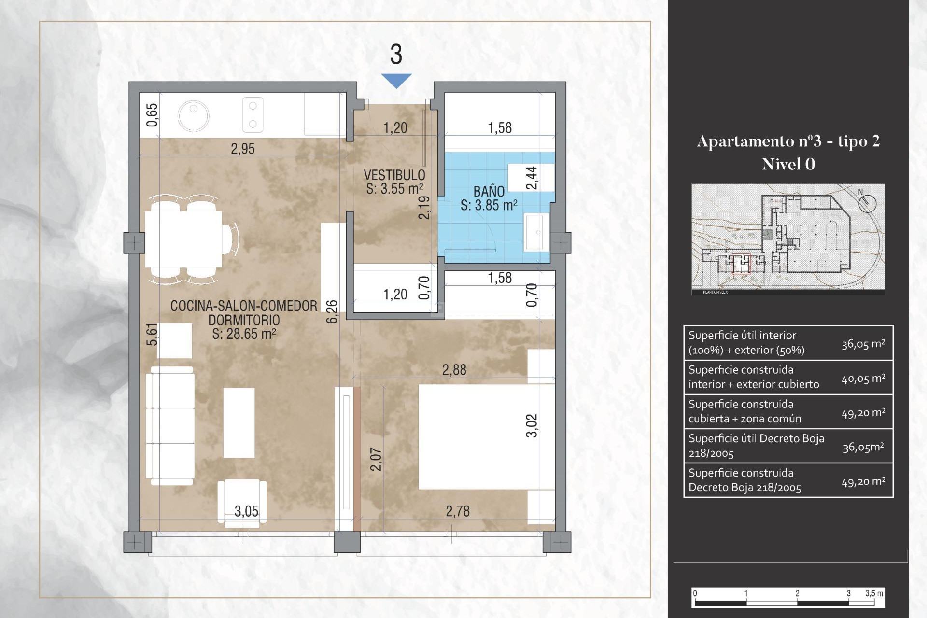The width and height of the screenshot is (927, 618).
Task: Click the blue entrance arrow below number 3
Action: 396,80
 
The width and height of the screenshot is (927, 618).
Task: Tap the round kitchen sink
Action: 193,116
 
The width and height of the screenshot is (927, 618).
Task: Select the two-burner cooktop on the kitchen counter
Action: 253,115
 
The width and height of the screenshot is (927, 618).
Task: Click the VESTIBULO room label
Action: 394,175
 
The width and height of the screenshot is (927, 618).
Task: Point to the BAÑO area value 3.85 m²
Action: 489,206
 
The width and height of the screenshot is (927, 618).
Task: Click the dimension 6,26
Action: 332,311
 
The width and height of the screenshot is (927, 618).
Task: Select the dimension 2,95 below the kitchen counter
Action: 242,149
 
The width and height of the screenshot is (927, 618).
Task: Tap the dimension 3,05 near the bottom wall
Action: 246,511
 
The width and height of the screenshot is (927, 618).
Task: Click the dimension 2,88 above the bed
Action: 454,370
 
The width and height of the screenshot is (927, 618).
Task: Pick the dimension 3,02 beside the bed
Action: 532,425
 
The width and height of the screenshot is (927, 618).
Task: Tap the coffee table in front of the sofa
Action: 239,422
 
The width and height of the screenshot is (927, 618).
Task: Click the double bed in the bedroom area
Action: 483,437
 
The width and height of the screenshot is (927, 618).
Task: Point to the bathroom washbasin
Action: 536,232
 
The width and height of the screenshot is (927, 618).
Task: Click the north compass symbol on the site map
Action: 867,202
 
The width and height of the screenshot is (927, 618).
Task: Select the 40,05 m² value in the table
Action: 863,379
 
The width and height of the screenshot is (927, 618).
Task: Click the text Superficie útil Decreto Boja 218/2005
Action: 756,446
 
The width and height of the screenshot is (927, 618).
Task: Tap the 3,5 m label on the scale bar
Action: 874,593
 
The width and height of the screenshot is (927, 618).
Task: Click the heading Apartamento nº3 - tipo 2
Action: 788,141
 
